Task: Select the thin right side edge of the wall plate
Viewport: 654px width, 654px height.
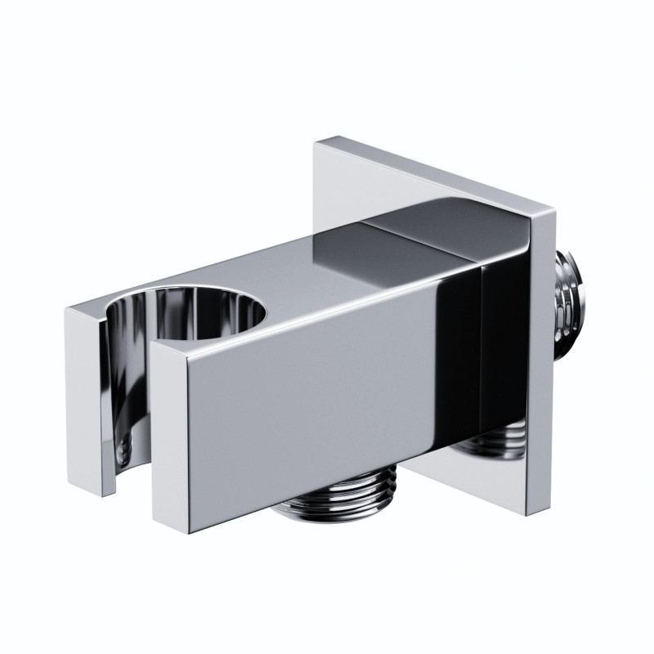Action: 540,368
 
